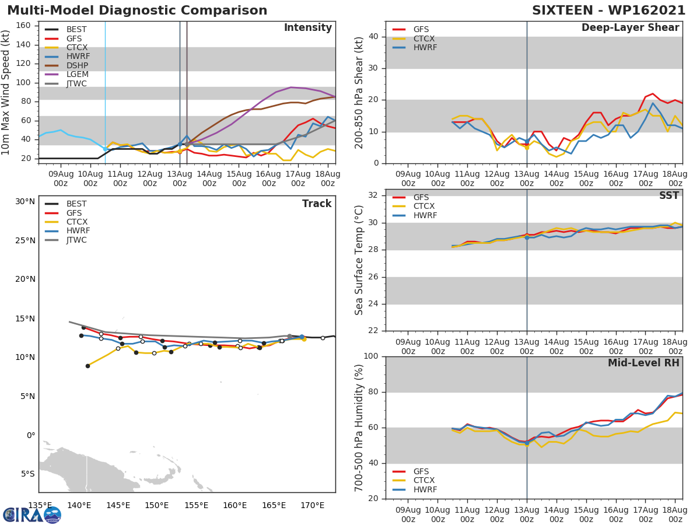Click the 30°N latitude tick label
[25, 202]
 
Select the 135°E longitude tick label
[40, 505]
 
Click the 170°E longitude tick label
[313, 505]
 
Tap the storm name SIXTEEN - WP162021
[608, 10]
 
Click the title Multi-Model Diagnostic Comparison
[137, 10]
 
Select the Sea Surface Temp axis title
[359, 260]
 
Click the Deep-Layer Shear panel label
[630, 28]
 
